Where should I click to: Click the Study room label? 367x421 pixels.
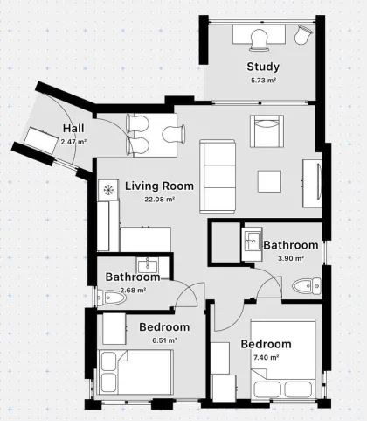click(263, 67)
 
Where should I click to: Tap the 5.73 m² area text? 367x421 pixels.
click(263, 81)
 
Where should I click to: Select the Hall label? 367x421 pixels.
click(73, 129)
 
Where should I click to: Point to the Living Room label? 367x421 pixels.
click(159, 186)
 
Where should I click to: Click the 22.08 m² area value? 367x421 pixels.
click(160, 200)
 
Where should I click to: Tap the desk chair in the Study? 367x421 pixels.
click(259, 39)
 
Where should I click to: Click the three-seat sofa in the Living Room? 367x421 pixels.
click(218, 176)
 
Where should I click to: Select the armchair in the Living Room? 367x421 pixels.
click(267, 131)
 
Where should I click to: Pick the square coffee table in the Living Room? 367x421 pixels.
click(269, 181)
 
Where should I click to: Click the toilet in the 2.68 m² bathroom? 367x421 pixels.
click(112, 298)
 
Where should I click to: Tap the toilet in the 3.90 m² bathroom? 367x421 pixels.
click(307, 286)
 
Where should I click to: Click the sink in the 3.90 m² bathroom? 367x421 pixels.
click(252, 241)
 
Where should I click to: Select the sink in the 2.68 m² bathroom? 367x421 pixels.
click(148, 265)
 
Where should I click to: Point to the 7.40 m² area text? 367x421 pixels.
click(267, 357)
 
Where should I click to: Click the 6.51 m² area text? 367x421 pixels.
click(164, 340)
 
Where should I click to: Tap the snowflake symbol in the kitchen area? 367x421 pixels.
click(108, 190)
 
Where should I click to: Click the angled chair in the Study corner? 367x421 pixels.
click(303, 34)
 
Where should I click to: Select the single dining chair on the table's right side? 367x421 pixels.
click(174, 135)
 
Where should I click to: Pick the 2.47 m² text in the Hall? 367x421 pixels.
click(73, 142)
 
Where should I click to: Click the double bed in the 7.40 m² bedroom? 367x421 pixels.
click(283, 360)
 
